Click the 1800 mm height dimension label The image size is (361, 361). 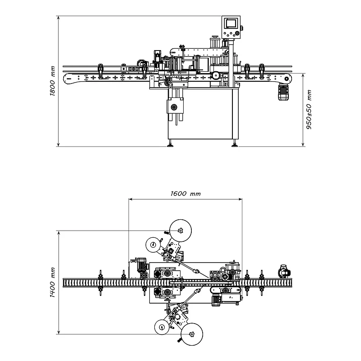pyautogui.click(x=53, y=81)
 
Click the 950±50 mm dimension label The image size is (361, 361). pyautogui.click(x=309, y=109)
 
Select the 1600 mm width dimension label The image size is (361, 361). pyautogui.click(x=185, y=194)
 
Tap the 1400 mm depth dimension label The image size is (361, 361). pyautogui.click(x=53, y=282)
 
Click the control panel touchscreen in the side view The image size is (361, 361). pyautogui.click(x=231, y=23)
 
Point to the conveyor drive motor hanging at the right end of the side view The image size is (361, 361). pyautogui.click(x=283, y=92)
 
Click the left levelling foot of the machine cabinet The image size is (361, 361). pyautogui.click(x=171, y=144)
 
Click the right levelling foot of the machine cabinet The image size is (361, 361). pyautogui.click(x=234, y=144)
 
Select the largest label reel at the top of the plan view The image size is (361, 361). pyautogui.click(x=180, y=231)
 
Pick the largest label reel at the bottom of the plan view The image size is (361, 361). pyautogui.click(x=192, y=334)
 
